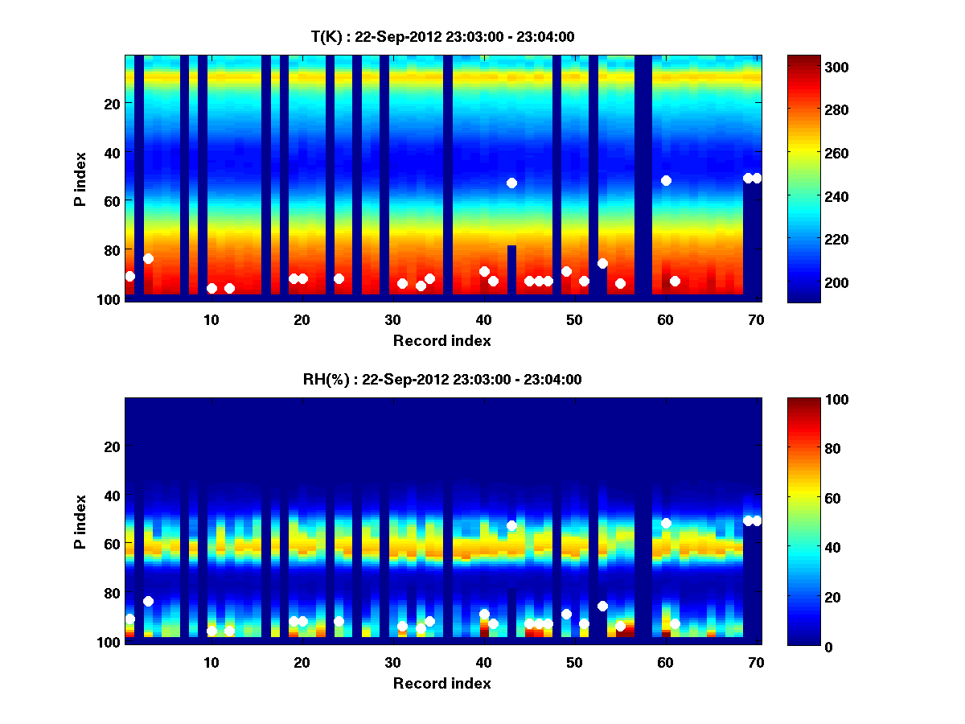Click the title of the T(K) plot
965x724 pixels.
coord(442,36)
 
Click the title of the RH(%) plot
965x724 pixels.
coord(442,380)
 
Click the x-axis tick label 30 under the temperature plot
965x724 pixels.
coord(392,320)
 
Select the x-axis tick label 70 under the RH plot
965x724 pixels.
coord(756,663)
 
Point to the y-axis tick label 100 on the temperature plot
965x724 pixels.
coord(111,299)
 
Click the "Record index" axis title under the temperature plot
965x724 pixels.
coord(442,340)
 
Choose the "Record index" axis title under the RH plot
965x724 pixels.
coord(442,683)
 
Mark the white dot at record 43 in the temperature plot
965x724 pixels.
coord(511,183)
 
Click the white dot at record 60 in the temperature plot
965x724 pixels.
coord(666,180)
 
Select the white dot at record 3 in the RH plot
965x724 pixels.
coord(148,601)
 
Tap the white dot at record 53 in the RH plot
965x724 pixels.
coord(602,606)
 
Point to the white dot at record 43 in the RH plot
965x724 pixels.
coord(511,525)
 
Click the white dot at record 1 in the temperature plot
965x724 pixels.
coord(130,276)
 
